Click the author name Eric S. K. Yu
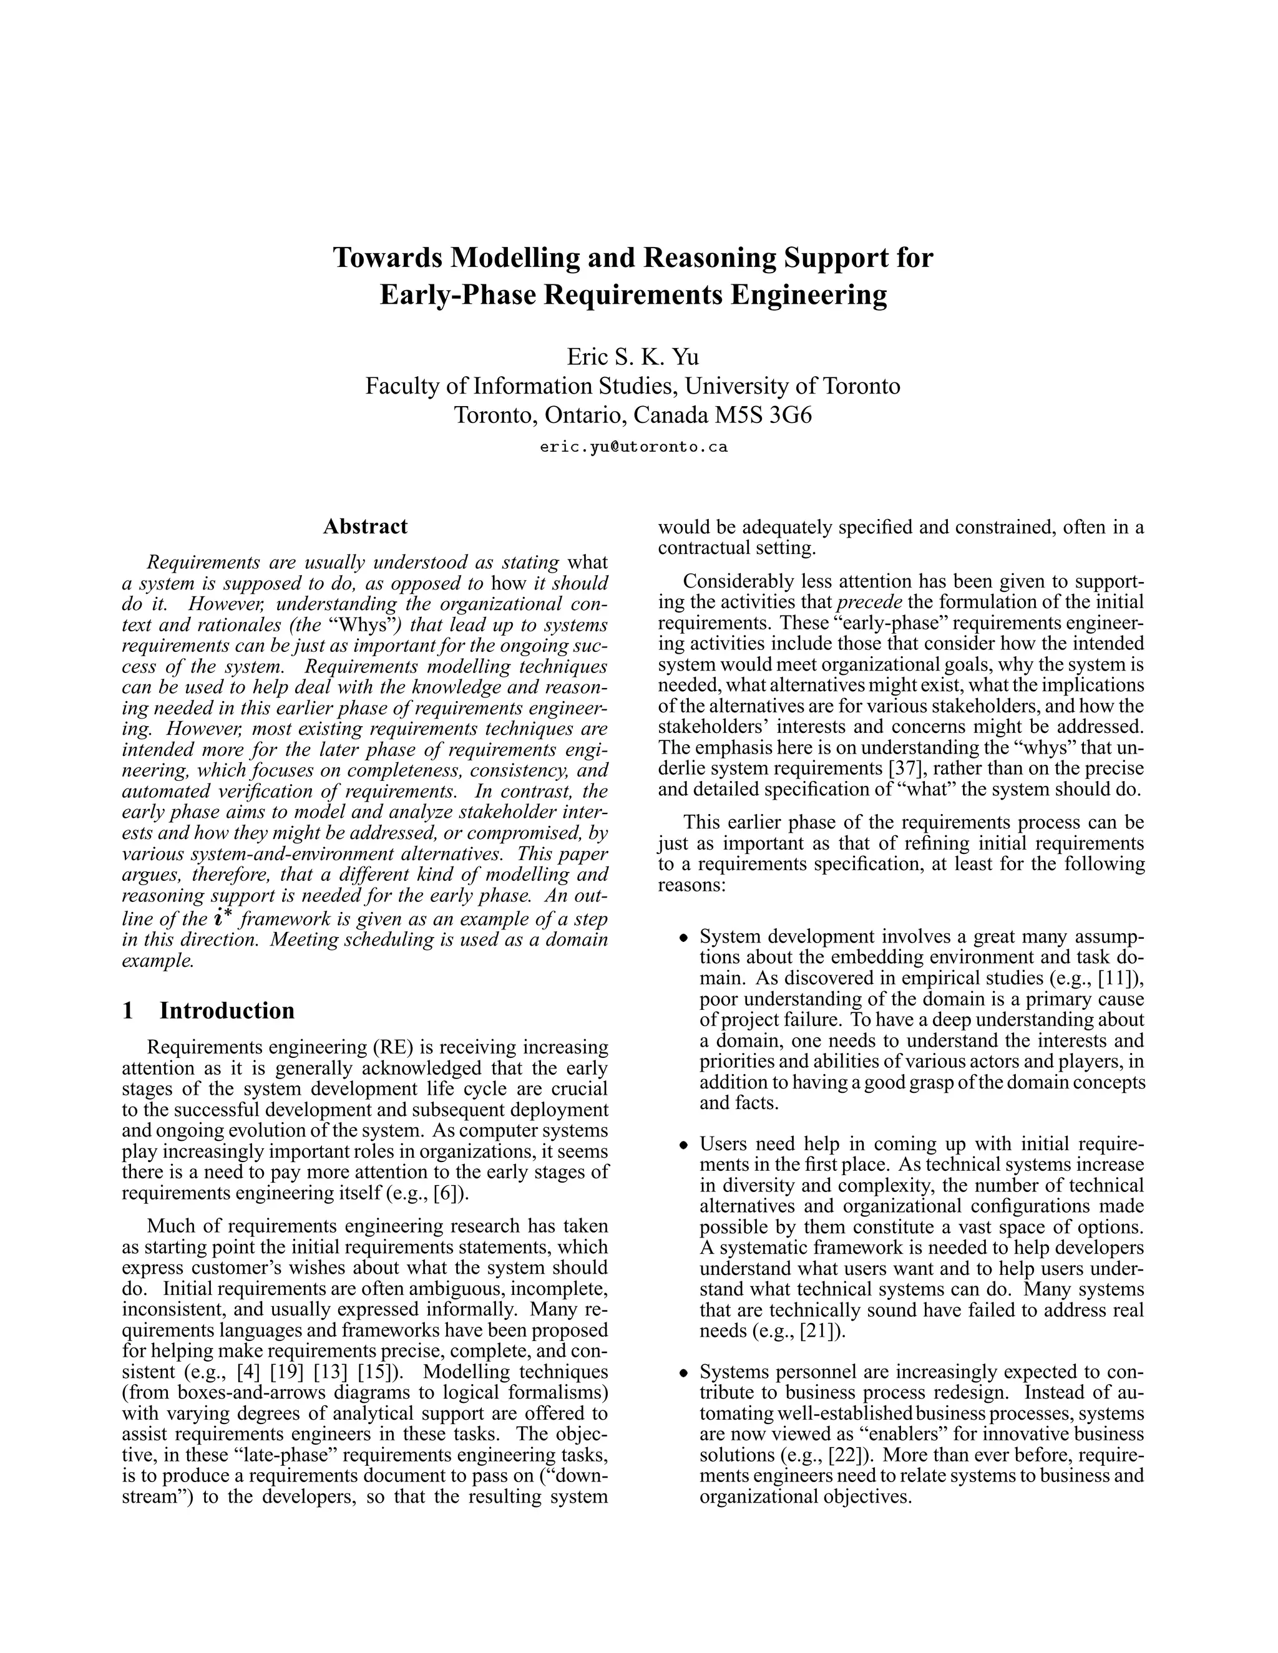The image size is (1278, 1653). point(633,356)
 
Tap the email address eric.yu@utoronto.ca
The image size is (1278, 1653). point(633,447)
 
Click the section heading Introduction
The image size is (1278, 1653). point(227,1011)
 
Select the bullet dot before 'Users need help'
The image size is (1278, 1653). point(684,1145)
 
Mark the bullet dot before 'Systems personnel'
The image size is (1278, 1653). point(684,1373)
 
